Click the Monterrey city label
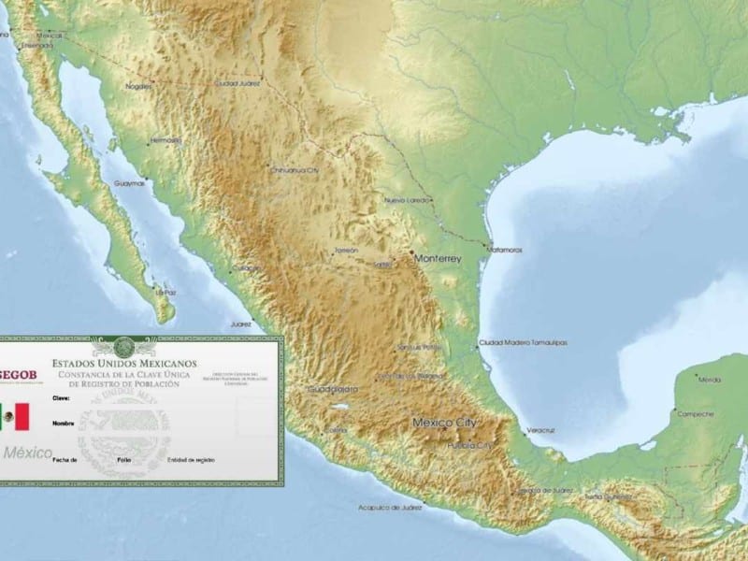pos(438,257)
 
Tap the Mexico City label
pos(444,423)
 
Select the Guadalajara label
pos(333,387)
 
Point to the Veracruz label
pos(540,430)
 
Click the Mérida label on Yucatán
pos(711,380)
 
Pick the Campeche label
pos(696,413)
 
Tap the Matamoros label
pos(504,250)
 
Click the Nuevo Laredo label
pos(407,200)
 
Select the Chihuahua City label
pos(295,170)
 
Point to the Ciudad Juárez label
pos(237,83)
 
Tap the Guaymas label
pos(130,183)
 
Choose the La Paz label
pos(165,292)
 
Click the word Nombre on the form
pos(64,423)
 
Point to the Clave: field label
pos(64,398)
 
